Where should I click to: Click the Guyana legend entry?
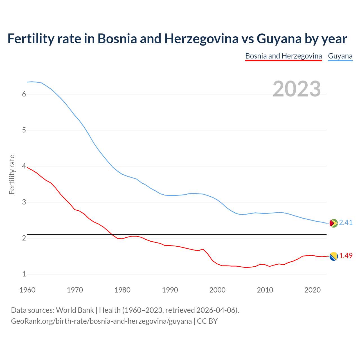340,56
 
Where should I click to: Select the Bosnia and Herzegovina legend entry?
283,56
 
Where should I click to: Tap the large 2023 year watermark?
297,89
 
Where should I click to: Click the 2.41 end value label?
346,223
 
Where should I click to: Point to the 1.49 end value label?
346,256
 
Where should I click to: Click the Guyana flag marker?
333,223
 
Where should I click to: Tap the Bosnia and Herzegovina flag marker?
333,256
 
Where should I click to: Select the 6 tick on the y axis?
24,94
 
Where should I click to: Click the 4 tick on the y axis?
24,166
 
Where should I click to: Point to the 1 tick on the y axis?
24,274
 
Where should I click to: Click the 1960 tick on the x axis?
27,290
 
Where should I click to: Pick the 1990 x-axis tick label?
170,290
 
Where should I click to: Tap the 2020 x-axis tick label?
312,290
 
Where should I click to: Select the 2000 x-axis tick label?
217,290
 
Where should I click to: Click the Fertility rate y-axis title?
12,174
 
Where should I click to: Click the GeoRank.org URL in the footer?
101,321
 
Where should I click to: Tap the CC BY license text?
207,321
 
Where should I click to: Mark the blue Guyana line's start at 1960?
28,82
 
